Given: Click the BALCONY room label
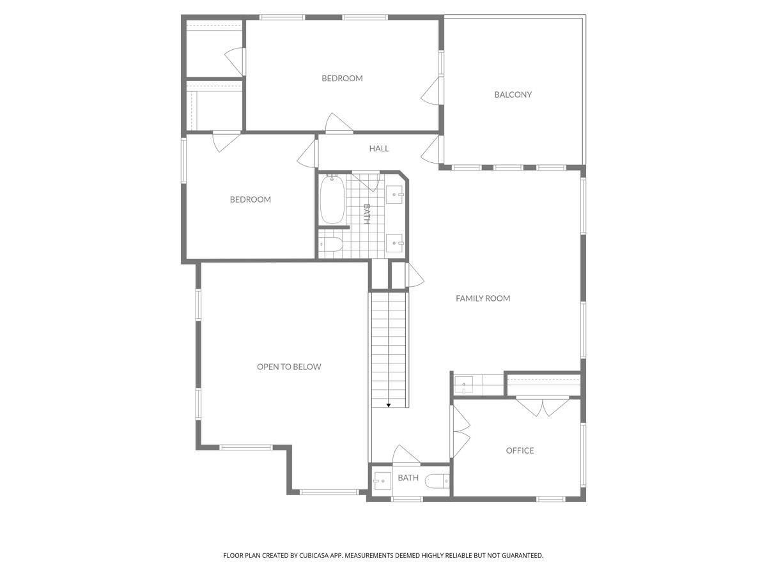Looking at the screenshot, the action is [513, 95].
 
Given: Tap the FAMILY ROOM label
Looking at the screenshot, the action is [483, 298].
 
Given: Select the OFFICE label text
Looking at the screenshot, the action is [520, 450].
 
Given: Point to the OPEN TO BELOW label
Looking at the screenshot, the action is [289, 367].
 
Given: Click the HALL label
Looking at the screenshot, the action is [379, 149].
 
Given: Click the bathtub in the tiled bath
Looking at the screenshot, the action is [332, 199].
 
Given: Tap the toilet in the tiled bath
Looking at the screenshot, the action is [330, 245].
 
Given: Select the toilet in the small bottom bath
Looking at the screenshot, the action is [437, 482].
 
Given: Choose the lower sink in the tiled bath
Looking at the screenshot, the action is [394, 243].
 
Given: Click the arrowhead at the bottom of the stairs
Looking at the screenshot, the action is [388, 405].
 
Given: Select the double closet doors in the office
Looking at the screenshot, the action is [543, 407].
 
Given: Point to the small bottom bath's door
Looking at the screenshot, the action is [406, 454].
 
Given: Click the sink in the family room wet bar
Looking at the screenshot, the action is [463, 385].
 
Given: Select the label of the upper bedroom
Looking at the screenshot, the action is [342, 78].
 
